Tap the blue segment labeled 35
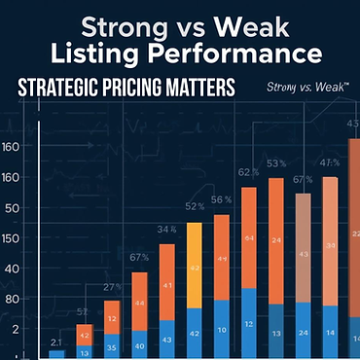[x=112, y=345]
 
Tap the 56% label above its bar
[x=221, y=199]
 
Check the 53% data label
[x=276, y=163]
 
